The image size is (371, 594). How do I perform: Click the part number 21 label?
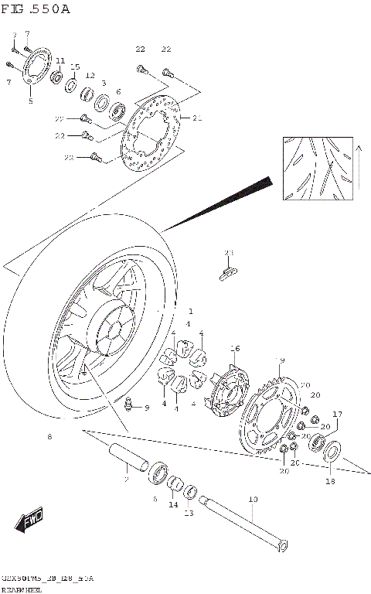coord(196,119)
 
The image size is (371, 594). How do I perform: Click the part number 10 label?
coord(253,500)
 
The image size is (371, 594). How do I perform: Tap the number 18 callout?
coord(330,481)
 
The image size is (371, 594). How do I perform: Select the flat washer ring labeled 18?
coord(333,452)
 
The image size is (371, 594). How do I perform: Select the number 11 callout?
coord(60,61)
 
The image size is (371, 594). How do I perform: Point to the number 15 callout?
coord(75,67)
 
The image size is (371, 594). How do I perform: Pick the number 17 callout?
coord(337,414)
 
